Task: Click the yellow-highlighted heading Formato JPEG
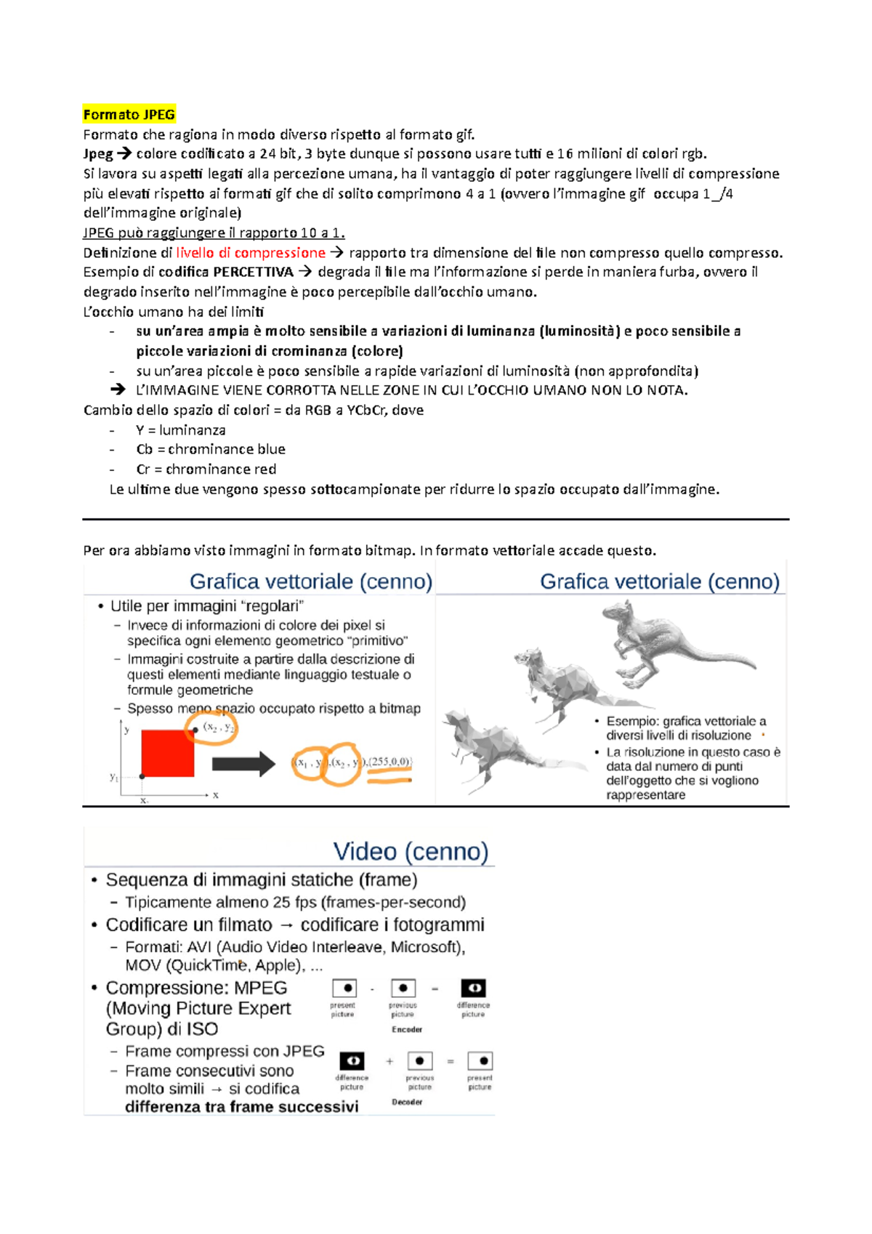[129, 114]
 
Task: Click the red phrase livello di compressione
[251, 252]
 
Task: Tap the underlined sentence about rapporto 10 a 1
[214, 233]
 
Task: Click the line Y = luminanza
[180, 430]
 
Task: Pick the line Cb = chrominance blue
[210, 449]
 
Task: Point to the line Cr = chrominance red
[206, 469]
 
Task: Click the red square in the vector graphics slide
[167, 753]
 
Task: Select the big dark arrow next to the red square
[243, 764]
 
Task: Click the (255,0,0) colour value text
[390, 762]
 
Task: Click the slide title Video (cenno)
[411, 851]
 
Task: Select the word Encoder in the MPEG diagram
[407, 1029]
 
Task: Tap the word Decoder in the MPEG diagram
[407, 1102]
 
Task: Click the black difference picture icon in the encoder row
[473, 988]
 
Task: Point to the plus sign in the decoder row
[389, 1062]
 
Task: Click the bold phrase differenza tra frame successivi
[241, 1107]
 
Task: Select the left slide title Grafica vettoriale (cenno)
[310, 581]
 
